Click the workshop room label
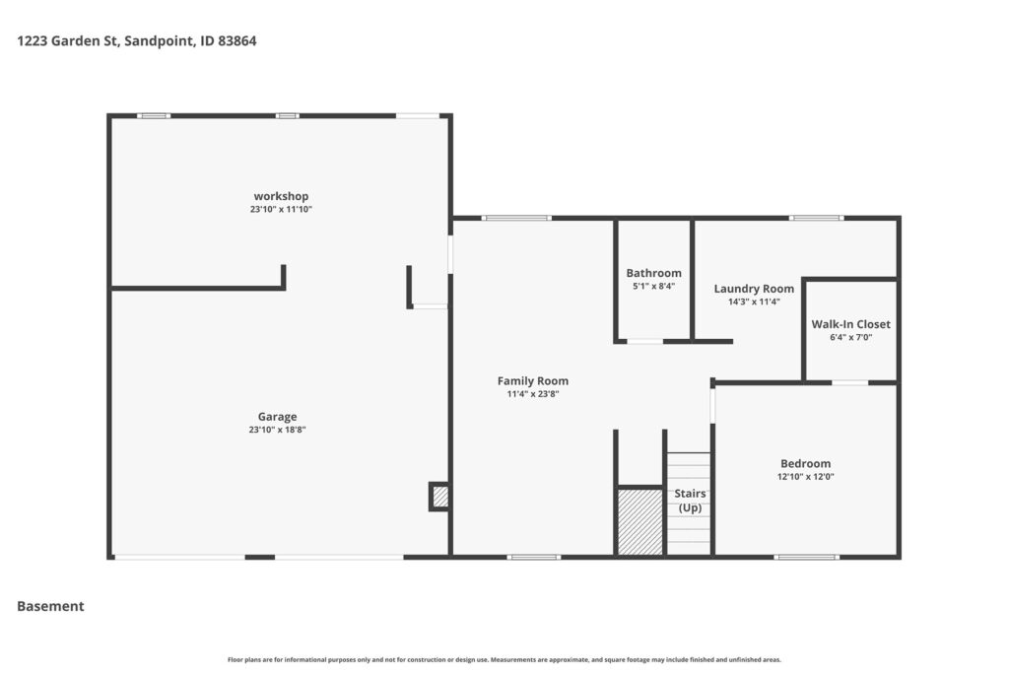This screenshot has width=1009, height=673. coord(281,196)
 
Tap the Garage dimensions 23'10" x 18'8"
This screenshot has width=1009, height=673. coord(277,430)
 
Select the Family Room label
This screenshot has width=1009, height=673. coord(533,381)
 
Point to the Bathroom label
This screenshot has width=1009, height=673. coord(654,273)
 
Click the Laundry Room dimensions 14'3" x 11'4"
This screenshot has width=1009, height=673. coord(754,302)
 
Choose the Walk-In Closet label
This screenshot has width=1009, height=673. coord(850,324)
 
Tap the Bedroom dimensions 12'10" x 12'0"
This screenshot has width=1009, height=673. coord(806,477)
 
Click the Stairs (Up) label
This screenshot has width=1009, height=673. coord(690,501)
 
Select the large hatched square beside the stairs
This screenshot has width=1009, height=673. coord(639,521)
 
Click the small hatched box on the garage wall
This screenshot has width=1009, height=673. coord(440,497)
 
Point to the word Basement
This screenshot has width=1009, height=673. coord(50,606)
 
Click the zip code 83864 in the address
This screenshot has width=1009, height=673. coord(237,41)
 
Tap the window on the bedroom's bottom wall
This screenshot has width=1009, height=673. coord(806,557)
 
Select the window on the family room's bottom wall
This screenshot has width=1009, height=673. coord(533,557)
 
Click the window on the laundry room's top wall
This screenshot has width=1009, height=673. coord(816,218)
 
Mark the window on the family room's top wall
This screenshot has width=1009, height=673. coord(516,218)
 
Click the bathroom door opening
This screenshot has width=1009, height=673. coord(644,342)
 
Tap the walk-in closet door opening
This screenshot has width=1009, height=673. coord(850,383)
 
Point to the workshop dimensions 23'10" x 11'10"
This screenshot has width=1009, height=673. coord(281,210)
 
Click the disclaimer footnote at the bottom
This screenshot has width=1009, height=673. coord(504,659)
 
